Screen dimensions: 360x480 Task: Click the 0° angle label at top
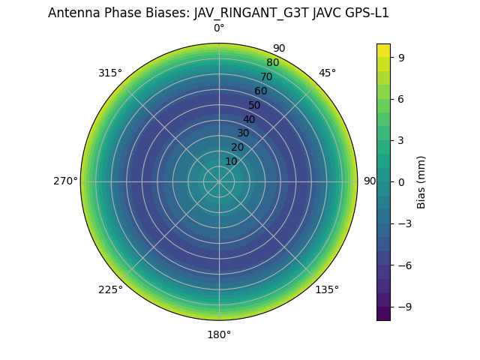click(x=219, y=28)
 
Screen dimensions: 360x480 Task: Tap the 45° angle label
click(x=327, y=73)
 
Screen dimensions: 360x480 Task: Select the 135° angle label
click(x=327, y=289)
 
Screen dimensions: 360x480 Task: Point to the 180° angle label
click(x=219, y=334)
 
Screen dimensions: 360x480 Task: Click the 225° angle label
click(x=110, y=289)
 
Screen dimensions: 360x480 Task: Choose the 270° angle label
click(x=65, y=181)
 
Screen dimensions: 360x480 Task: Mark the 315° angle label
click(x=110, y=73)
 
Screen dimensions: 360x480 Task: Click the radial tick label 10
click(x=231, y=161)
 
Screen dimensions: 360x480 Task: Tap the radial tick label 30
click(x=243, y=133)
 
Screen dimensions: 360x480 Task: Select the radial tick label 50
click(x=255, y=105)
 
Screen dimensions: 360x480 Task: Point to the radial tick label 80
click(x=272, y=62)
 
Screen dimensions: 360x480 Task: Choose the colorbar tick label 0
click(x=402, y=181)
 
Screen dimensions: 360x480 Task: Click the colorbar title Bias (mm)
click(x=421, y=181)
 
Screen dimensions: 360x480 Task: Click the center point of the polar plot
click(x=219, y=181)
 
